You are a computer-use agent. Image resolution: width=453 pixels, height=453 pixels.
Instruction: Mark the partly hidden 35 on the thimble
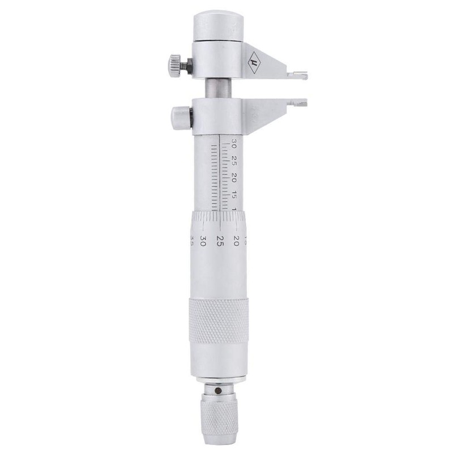tap(193, 237)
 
